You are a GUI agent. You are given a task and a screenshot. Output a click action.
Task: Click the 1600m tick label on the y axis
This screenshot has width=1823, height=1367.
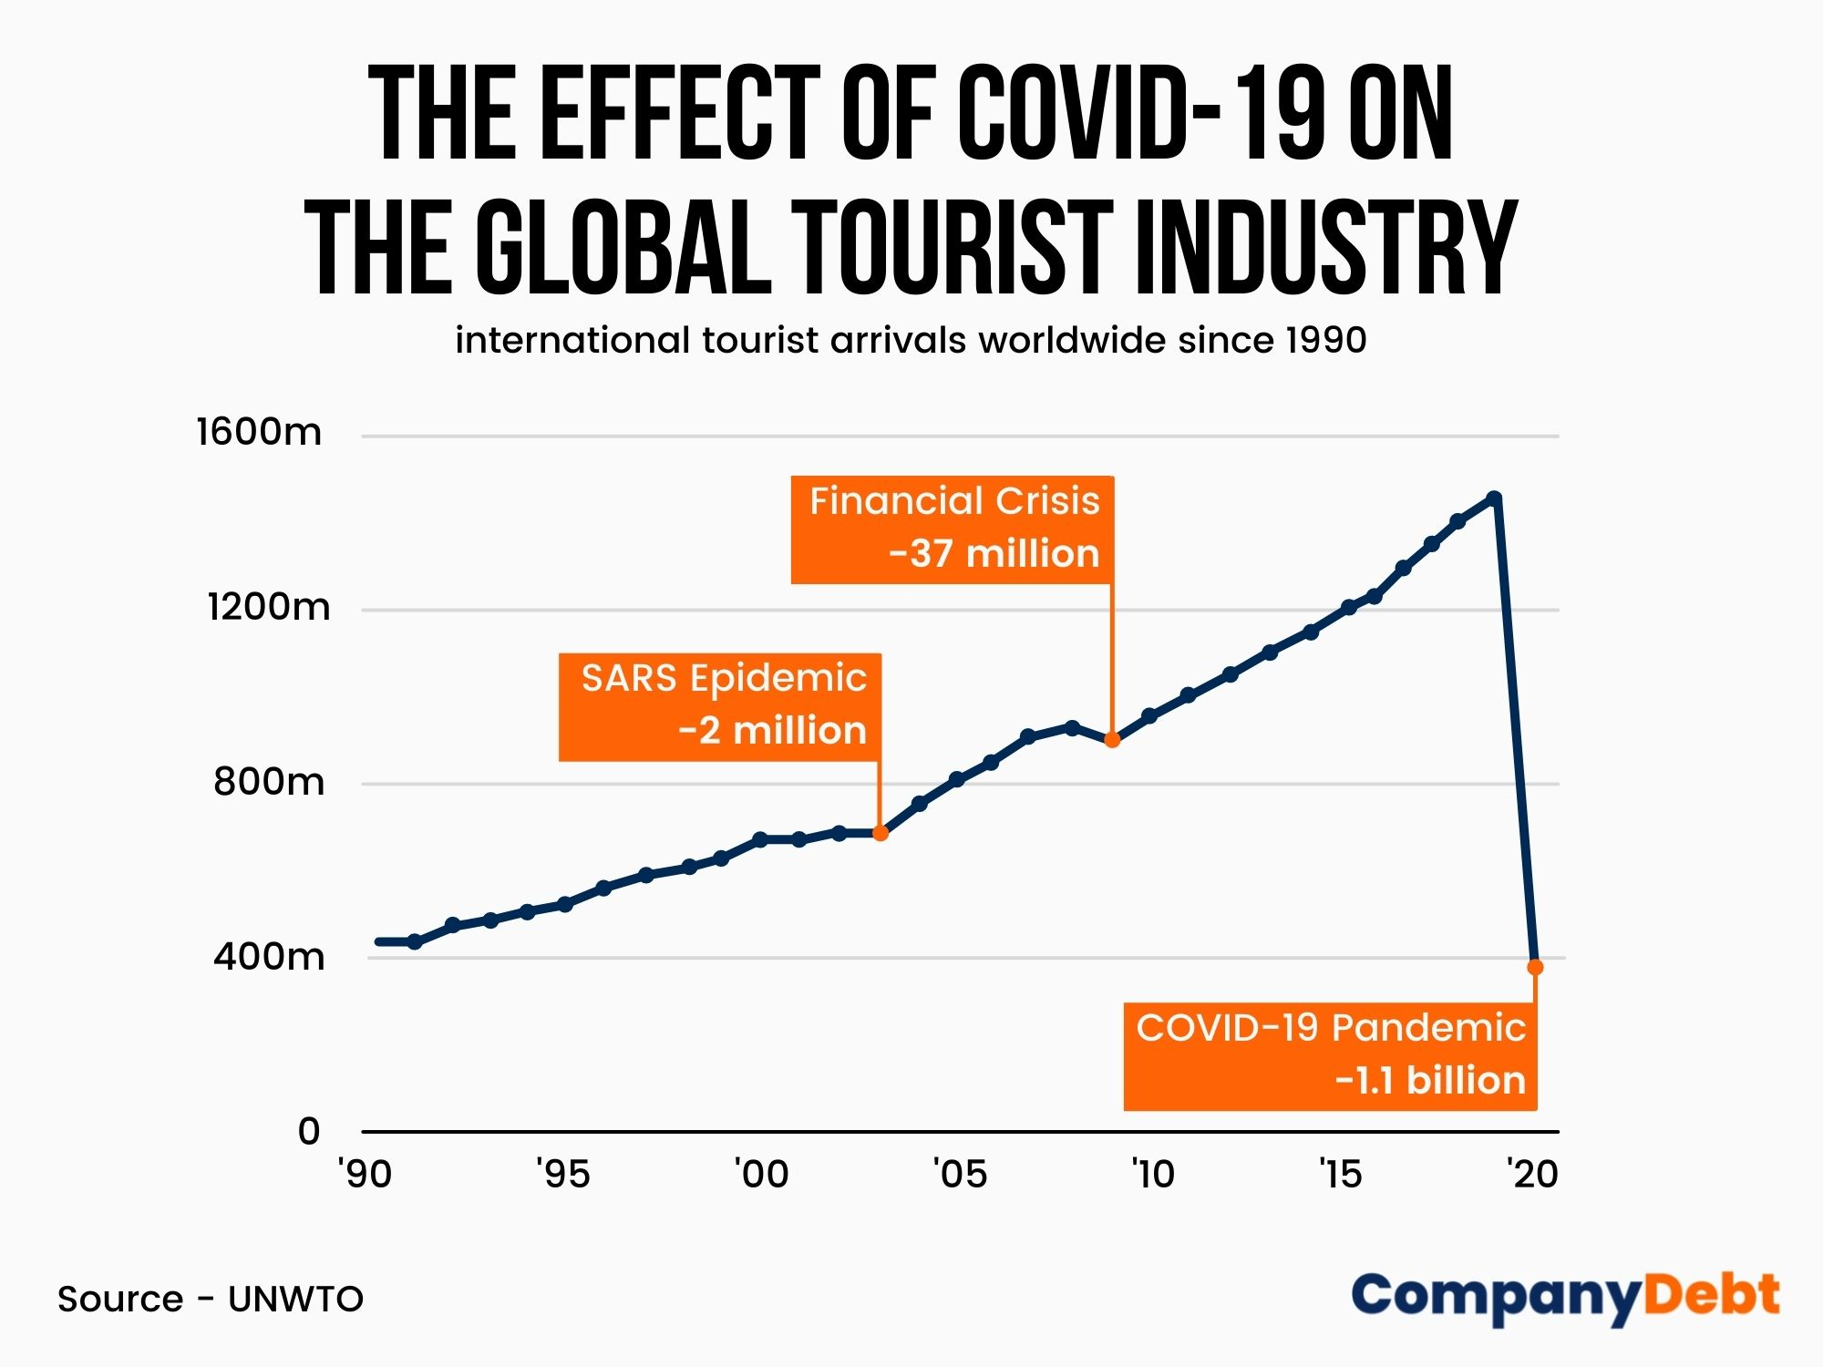(259, 432)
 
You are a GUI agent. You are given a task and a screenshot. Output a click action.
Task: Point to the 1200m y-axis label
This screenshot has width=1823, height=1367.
(269, 607)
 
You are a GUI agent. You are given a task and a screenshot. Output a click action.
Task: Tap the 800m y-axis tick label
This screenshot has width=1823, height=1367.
(269, 782)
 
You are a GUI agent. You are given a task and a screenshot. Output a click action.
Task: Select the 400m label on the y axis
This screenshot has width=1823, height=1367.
(269, 957)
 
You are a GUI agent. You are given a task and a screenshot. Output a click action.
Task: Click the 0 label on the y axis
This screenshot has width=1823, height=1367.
(309, 1132)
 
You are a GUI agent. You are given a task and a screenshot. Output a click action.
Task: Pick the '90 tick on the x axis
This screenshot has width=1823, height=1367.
(365, 1174)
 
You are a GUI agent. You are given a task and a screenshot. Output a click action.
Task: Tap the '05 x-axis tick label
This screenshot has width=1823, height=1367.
(960, 1174)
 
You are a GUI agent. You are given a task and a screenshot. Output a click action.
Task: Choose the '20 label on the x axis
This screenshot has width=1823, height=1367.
(1532, 1174)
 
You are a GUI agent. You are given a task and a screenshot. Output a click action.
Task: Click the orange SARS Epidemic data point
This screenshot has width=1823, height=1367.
(881, 833)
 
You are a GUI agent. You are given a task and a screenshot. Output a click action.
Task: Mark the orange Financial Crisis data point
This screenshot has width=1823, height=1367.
(1112, 740)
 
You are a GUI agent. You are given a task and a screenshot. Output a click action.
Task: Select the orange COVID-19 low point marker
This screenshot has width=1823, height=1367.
(1535, 967)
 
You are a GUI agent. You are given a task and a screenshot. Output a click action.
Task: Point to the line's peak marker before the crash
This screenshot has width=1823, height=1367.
(1494, 498)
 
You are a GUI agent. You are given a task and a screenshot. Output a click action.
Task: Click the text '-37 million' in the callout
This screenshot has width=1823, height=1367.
(994, 554)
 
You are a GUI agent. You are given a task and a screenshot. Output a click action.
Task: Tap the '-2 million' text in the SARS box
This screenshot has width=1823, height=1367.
(772, 731)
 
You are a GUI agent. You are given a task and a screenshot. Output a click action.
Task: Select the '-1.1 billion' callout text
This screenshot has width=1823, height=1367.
(1430, 1081)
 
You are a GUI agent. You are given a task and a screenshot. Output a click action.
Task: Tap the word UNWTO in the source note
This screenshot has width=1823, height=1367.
(295, 1300)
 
